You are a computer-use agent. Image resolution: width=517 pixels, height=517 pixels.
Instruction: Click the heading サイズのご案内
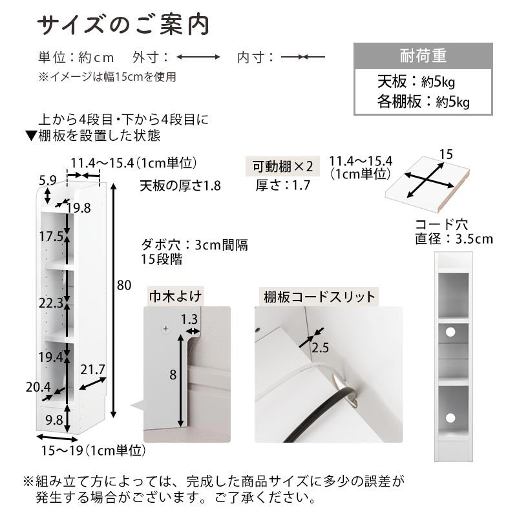[x=123, y=25]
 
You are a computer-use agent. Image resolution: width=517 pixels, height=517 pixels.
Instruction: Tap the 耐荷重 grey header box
[x=423, y=56]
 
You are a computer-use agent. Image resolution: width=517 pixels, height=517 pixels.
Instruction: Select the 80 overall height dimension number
[x=124, y=285]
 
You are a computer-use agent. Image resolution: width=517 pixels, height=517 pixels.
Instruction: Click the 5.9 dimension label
[x=48, y=180]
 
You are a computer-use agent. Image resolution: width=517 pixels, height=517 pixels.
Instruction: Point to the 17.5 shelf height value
[x=51, y=237]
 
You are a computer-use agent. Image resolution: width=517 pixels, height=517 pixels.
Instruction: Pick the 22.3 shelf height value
[x=51, y=303]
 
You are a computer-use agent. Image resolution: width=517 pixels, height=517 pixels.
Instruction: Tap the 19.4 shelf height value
[x=51, y=357]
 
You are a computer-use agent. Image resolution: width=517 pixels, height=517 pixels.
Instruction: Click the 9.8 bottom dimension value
[x=54, y=420]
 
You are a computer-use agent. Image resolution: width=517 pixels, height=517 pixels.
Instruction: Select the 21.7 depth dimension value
[x=92, y=370]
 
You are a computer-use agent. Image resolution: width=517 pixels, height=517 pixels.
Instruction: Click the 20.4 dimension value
[x=38, y=387]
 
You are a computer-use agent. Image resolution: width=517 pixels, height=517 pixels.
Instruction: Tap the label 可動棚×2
[x=282, y=167]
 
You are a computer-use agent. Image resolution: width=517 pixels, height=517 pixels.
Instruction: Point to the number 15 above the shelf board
[x=446, y=154]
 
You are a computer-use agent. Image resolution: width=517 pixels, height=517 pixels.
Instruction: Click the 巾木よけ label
[x=175, y=296]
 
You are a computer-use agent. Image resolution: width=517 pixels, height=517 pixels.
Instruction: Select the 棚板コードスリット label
[x=319, y=297]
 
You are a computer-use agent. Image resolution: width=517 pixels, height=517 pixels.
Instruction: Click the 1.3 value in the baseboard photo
[x=189, y=319]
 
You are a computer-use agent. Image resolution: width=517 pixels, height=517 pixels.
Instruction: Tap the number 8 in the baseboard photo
[x=173, y=375]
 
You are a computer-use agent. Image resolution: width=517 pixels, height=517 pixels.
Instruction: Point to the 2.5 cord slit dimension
[x=320, y=348]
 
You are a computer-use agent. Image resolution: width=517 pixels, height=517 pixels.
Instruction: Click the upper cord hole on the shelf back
[x=450, y=332]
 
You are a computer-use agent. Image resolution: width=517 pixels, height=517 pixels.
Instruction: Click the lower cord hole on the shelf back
[x=450, y=418]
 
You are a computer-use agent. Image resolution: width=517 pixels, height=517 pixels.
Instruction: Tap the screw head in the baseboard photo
[x=166, y=328]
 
